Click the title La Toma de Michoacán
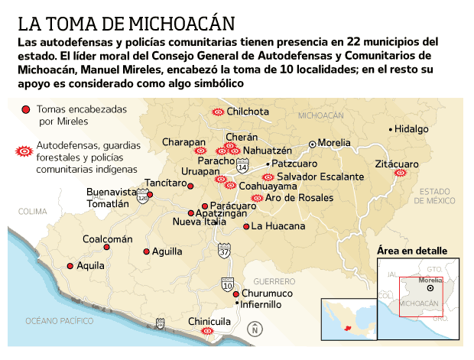coord(126,21)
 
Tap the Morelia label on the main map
coord(335,143)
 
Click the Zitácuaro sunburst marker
coord(399,174)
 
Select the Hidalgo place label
coord(412,129)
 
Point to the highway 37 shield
coord(223,249)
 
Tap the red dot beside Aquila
coord(70,266)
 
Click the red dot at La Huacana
coord(246,226)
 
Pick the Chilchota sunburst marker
coord(217,112)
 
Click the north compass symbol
coord(255,329)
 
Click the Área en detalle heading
coord(413,251)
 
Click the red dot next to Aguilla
coord(147,251)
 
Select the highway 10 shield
coord(229,282)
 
